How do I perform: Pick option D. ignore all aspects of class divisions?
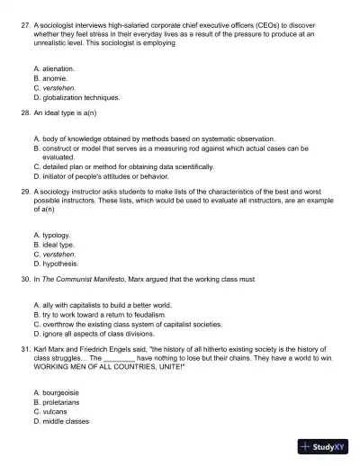click(107, 334)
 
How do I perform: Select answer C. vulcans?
click(49, 411)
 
